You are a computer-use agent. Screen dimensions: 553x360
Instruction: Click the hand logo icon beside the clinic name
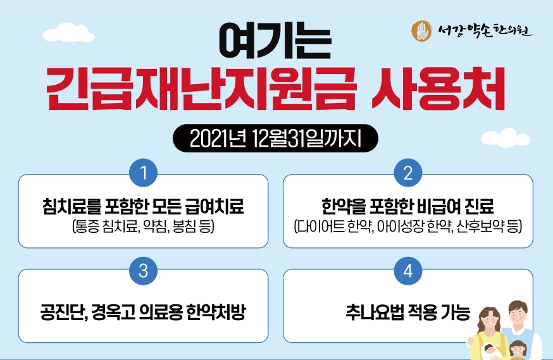pyautogui.click(x=422, y=30)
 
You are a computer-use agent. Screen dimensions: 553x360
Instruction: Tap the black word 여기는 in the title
pyautogui.click(x=275, y=41)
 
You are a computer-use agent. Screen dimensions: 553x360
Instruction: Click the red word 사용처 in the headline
pyautogui.click(x=438, y=89)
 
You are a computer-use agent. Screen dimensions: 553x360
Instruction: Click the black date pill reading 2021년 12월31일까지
pyautogui.click(x=275, y=138)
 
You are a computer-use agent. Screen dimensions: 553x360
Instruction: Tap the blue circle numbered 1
pyautogui.click(x=143, y=173)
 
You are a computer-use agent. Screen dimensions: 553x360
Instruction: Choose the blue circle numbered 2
pyautogui.click(x=408, y=173)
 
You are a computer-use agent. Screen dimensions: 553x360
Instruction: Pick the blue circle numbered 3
pyautogui.click(x=143, y=271)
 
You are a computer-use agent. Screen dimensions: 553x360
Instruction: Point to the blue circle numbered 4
pyautogui.click(x=408, y=271)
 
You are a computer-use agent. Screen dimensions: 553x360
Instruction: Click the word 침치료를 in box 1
pyautogui.click(x=71, y=207)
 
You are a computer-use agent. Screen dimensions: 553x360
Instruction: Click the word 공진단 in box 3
pyautogui.click(x=64, y=312)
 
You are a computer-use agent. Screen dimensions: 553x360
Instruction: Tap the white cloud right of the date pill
pyautogui.click(x=506, y=138)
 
